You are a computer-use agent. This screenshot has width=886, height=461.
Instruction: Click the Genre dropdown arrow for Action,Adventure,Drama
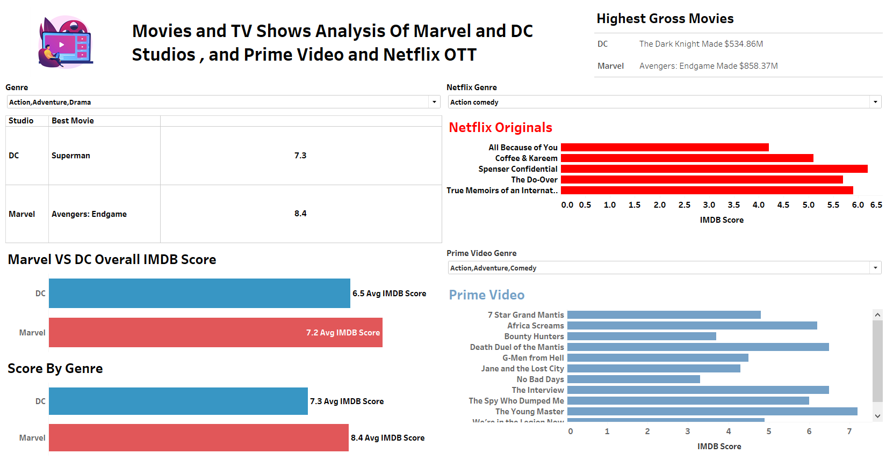click(x=434, y=102)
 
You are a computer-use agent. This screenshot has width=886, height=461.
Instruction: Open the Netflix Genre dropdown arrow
click(x=875, y=102)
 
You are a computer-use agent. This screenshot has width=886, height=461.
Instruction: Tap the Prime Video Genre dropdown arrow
click(x=875, y=268)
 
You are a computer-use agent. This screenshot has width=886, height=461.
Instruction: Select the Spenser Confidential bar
click(x=714, y=169)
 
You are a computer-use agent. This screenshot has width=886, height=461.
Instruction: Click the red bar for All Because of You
click(x=664, y=148)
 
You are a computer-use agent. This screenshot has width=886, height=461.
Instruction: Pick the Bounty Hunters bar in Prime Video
click(x=642, y=336)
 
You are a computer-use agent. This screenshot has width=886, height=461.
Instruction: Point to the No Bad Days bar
click(x=633, y=379)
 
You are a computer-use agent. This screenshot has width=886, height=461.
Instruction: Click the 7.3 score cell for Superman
click(x=300, y=156)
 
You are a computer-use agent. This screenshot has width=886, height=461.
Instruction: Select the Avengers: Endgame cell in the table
click(x=89, y=214)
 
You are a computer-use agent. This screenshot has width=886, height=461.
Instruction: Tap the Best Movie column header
click(x=73, y=121)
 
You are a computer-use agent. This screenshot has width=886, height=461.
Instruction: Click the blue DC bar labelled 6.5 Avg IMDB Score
click(x=199, y=294)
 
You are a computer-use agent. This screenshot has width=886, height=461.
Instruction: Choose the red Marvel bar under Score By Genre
click(x=198, y=438)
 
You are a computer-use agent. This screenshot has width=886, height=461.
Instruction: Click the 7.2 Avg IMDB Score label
click(x=343, y=333)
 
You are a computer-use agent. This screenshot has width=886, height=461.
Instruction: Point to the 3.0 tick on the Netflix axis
click(x=709, y=205)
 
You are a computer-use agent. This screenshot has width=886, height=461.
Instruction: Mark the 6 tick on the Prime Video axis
click(x=809, y=431)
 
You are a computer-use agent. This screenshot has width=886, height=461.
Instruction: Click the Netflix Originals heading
click(x=500, y=128)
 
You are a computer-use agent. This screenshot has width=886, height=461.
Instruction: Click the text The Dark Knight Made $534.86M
click(x=701, y=44)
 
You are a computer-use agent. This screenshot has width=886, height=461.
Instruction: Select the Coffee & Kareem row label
click(x=526, y=158)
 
